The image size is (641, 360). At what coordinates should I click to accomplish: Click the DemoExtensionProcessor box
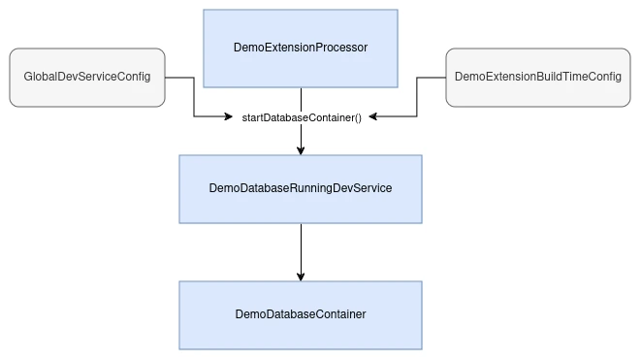tap(301, 48)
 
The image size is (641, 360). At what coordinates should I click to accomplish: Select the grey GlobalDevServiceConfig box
tap(87, 77)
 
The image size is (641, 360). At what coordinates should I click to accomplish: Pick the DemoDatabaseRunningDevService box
tap(301, 188)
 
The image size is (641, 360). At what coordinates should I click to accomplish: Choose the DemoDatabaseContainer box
tap(301, 314)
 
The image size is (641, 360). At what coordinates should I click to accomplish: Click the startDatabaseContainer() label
tap(301, 117)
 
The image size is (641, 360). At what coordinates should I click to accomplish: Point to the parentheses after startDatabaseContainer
tap(356, 117)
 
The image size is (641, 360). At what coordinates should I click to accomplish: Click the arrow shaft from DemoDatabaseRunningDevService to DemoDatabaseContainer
tap(301, 246)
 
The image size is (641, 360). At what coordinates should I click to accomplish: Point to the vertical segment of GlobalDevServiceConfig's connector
tap(194, 97)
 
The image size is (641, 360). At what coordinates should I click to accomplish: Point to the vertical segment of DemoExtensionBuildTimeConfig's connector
tap(417, 97)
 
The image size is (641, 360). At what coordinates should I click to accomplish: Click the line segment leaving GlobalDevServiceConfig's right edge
tap(179, 78)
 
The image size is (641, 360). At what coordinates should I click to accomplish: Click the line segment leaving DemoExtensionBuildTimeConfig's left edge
tap(432, 78)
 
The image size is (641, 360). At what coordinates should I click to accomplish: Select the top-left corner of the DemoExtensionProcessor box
tap(205, 11)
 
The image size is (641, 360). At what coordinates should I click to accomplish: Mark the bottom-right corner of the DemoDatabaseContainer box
tap(421, 348)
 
